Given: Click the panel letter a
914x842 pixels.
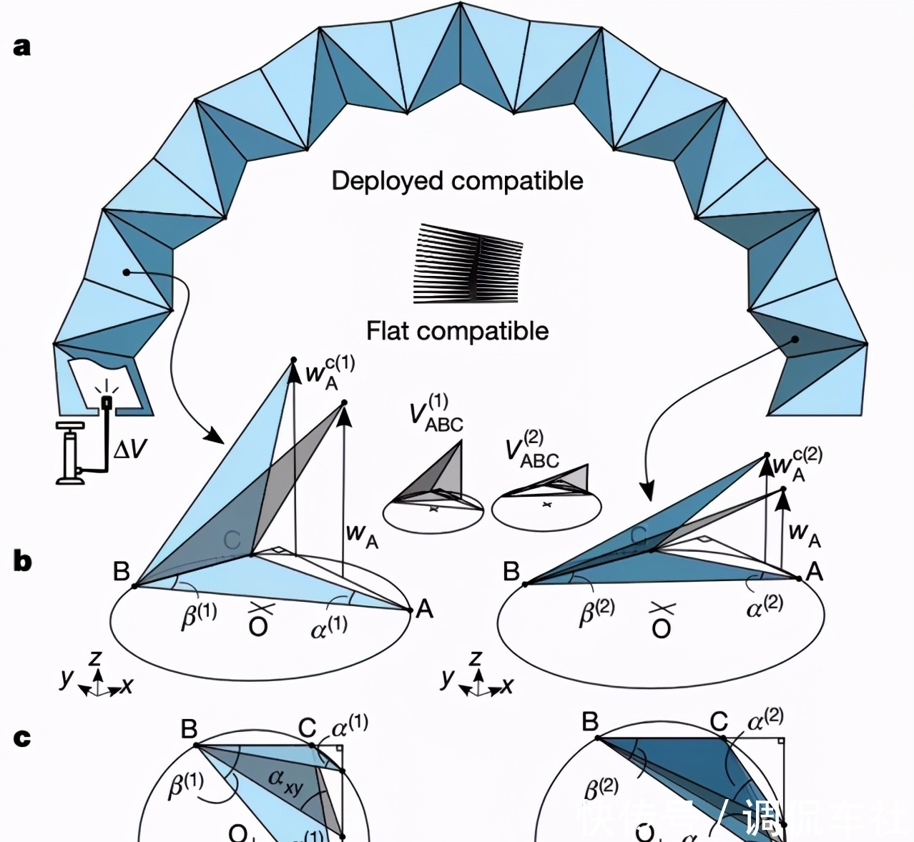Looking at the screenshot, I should tap(22, 46).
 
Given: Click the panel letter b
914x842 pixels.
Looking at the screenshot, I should tap(23, 561).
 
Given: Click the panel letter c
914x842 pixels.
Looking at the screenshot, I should tap(22, 737).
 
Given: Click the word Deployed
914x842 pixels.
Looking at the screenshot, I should tap(387, 181).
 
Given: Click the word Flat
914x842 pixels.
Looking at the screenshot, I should tap(388, 331).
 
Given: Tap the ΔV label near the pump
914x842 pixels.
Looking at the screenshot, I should tap(130, 449).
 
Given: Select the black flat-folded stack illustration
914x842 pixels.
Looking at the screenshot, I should tap(468, 264).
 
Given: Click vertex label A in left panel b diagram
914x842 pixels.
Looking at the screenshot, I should tap(425, 609).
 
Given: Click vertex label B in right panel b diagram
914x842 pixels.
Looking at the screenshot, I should tap(511, 572).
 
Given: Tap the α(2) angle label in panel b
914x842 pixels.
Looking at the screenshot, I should tap(764, 607).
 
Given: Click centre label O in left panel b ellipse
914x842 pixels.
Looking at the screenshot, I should tap(258, 627).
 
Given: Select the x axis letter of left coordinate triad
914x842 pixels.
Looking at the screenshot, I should tap(127, 686).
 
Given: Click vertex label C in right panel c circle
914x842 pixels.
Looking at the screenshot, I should tap(719, 722).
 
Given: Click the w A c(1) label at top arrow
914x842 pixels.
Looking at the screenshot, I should tap(329, 372).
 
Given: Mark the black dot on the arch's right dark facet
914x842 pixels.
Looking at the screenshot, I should tap(795, 340).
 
